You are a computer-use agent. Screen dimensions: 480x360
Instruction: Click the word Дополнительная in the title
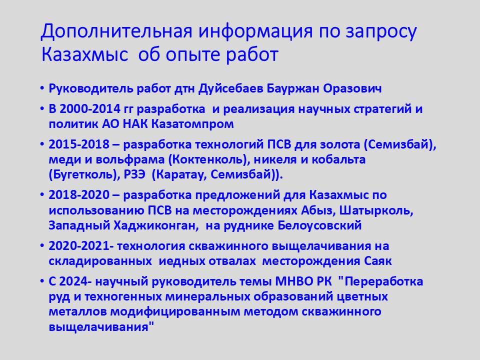click(116, 31)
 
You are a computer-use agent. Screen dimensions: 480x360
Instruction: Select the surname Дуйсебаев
click(230, 89)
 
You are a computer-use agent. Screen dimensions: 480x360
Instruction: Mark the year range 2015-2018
click(79, 144)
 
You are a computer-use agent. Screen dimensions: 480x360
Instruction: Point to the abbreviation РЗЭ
click(134, 174)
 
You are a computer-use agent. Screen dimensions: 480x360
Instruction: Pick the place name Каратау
click(180, 174)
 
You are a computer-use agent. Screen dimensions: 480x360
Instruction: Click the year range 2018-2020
click(79, 195)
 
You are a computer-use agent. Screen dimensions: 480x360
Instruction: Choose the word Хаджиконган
click(154, 225)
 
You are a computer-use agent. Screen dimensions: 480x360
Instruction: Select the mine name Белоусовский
click(320, 225)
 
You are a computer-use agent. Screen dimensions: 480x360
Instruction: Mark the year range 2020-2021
click(79, 246)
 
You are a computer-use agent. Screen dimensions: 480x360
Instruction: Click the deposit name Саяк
click(378, 261)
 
